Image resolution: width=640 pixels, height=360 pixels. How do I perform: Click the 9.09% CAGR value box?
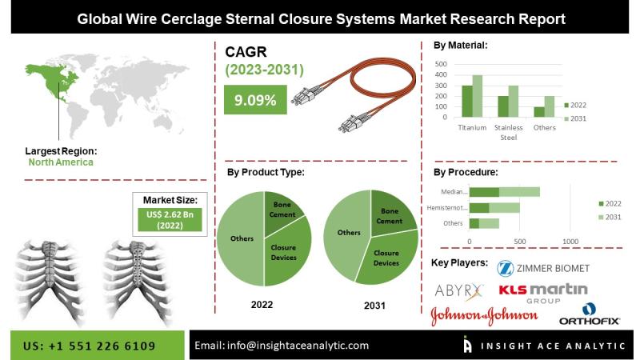pos(255,101)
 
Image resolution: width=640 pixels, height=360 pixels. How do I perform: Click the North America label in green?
pos(61,162)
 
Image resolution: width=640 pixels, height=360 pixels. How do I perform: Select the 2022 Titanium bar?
pos(467,102)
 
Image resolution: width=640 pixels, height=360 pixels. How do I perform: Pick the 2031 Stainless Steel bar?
pos(514,102)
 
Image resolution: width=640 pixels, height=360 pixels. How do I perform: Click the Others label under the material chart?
pos(545,127)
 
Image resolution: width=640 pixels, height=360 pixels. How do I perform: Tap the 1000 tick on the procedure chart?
pos(570,240)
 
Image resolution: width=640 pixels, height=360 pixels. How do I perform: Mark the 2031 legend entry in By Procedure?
pos(611,218)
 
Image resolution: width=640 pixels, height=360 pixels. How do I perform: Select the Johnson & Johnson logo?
pos(484,316)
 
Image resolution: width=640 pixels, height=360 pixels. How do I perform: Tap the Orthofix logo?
pos(590,315)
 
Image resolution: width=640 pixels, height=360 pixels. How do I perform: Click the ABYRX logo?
pos(459,289)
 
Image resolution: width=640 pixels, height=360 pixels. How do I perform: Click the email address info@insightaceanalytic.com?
pos(282,346)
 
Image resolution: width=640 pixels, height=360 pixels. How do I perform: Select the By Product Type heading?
pos(265,171)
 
